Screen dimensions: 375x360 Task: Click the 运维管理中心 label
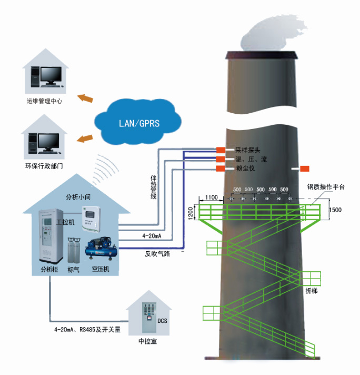pos(45,100)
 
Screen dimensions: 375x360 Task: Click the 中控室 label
pos(147,342)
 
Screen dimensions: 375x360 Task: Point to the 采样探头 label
pos(248,150)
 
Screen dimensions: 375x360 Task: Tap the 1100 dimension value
pos(211,197)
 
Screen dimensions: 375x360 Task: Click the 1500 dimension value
pos(335,210)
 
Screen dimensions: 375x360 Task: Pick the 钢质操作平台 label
pos(326,187)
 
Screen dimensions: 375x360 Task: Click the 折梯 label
pos(311,290)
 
